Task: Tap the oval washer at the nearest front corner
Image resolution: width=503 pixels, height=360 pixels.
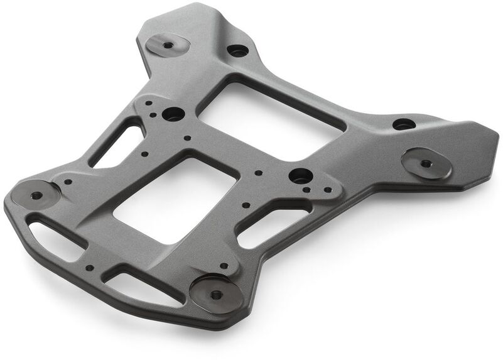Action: click(217, 293)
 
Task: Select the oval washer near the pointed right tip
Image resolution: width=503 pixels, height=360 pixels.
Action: click(426, 163)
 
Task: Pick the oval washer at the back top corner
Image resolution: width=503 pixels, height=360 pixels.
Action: click(168, 45)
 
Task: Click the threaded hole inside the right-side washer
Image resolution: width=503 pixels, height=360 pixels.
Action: click(426, 163)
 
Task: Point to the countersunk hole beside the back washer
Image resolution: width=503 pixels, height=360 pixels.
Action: click(237, 50)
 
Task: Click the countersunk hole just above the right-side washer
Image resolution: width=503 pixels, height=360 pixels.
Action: click(404, 124)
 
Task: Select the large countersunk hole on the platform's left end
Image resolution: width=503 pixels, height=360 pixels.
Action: click(173, 114)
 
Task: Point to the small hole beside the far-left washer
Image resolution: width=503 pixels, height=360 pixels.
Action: click(68, 182)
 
